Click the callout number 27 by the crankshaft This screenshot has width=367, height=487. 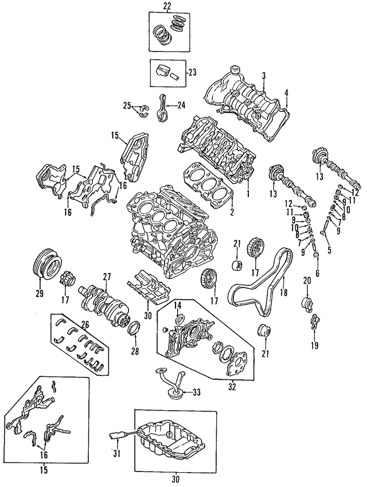(106, 277)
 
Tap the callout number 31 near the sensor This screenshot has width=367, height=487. (114, 454)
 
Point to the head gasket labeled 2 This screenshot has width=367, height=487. (211, 188)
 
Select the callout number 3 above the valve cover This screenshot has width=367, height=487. (264, 76)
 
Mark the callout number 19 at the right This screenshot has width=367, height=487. (314, 346)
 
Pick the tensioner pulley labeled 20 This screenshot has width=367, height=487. (306, 303)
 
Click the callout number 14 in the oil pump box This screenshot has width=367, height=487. (178, 304)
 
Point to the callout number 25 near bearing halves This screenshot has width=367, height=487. (127, 105)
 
